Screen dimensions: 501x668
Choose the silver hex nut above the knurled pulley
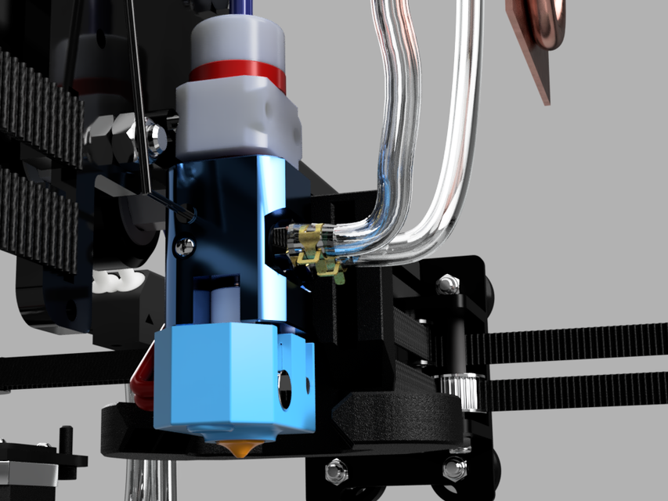(447, 283)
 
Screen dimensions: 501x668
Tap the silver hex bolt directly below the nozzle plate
(336, 470)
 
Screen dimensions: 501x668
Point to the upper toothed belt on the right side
(580, 345)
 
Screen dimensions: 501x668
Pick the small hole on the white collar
(271, 114)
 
